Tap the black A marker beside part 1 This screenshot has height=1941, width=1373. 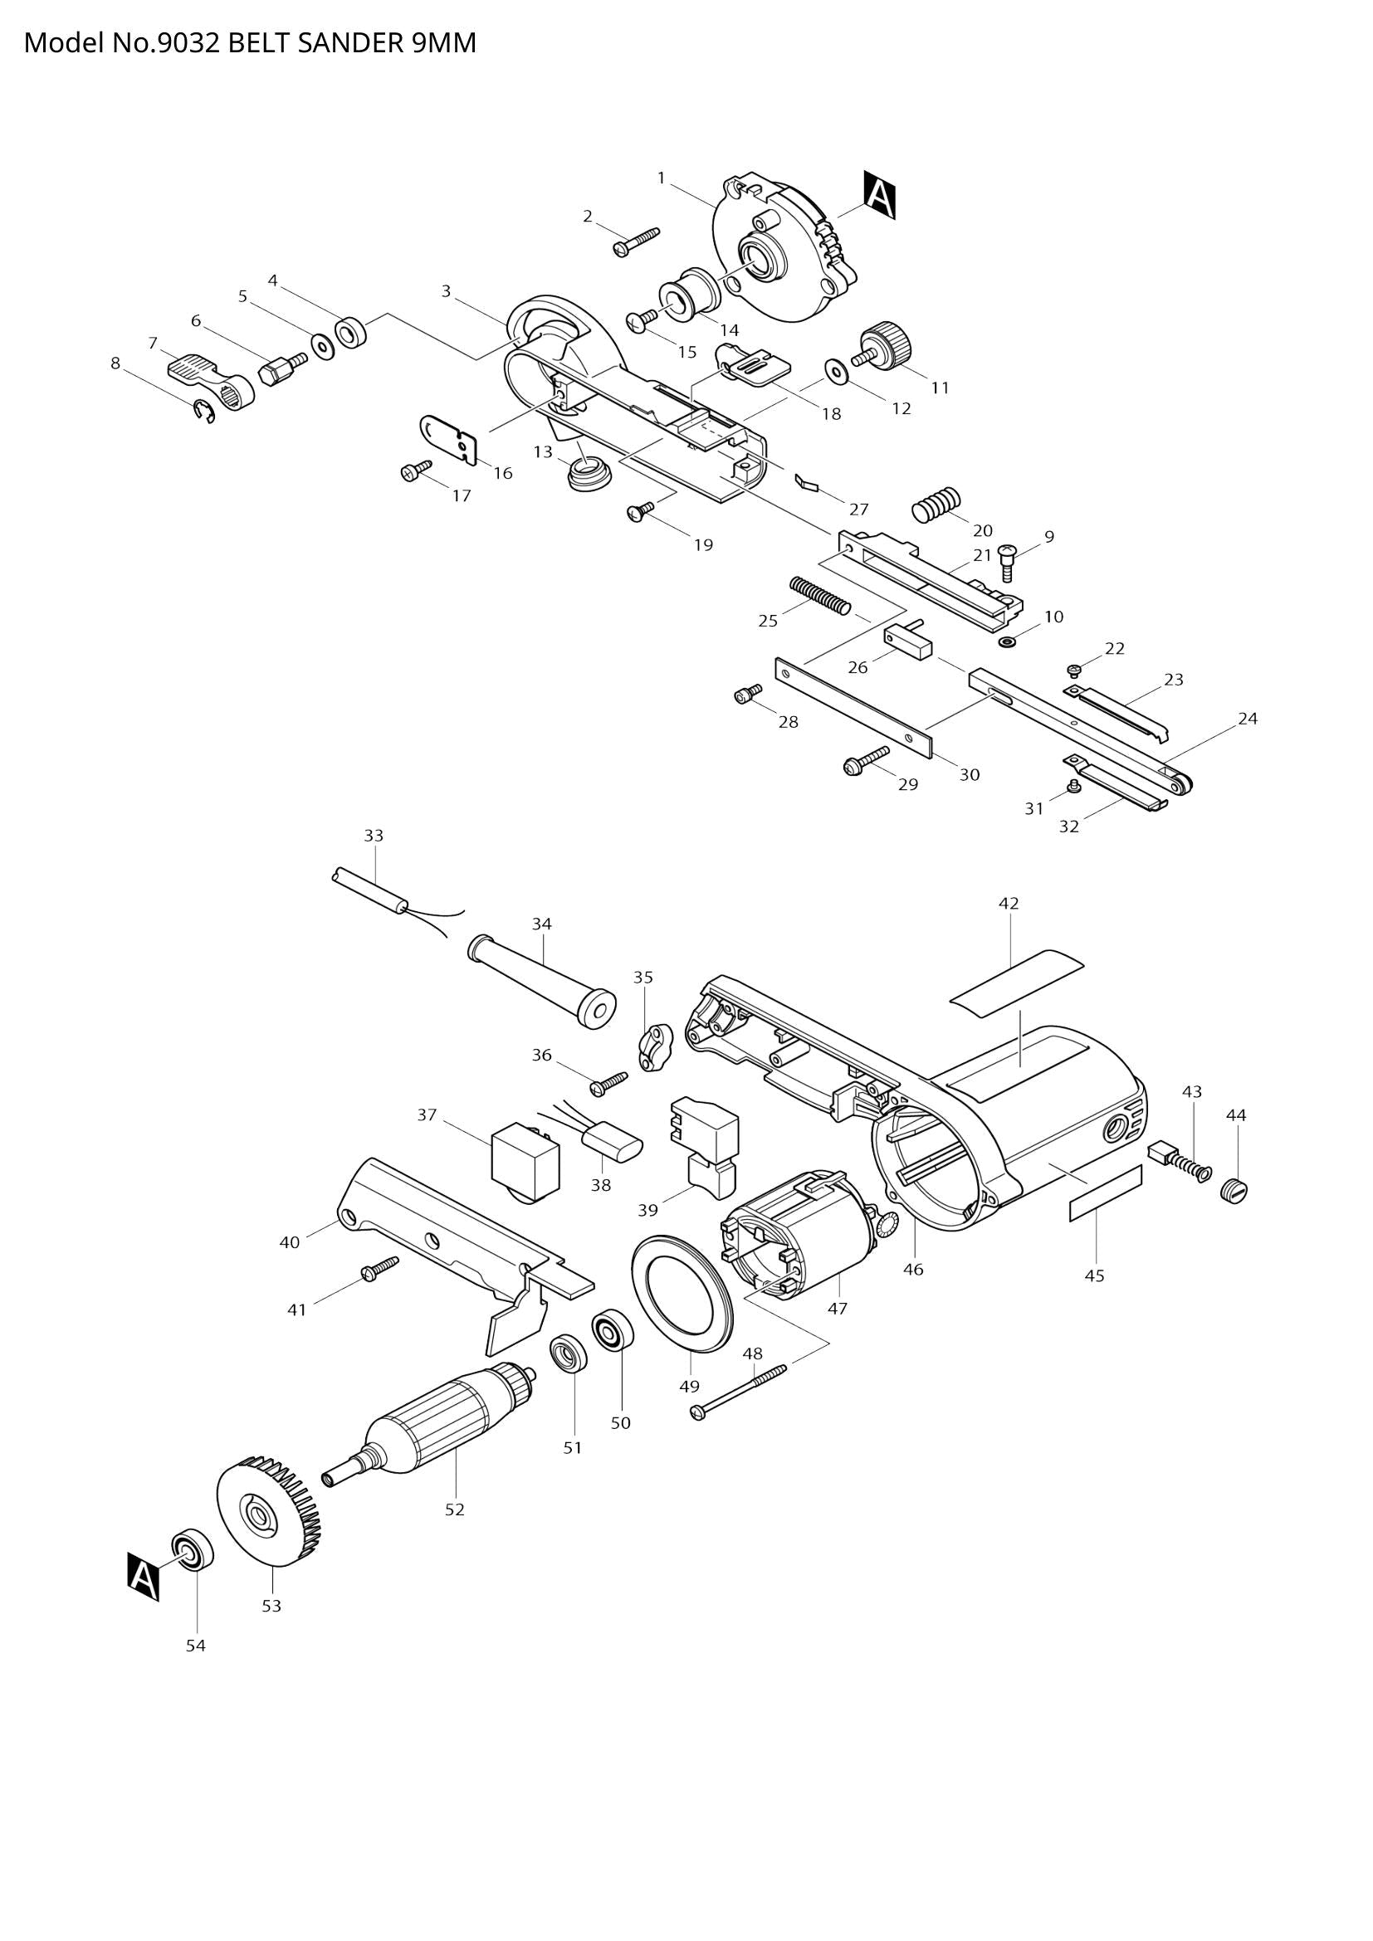pos(879,195)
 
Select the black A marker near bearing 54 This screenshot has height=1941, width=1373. pos(144,1576)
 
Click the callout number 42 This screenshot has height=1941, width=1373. pos(1008,903)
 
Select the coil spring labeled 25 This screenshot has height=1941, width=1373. pos(818,594)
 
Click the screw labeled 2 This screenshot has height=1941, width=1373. pos(635,240)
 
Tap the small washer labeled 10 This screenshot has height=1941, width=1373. pos(1007,643)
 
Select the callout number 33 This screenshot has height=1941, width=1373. pos(373,836)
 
